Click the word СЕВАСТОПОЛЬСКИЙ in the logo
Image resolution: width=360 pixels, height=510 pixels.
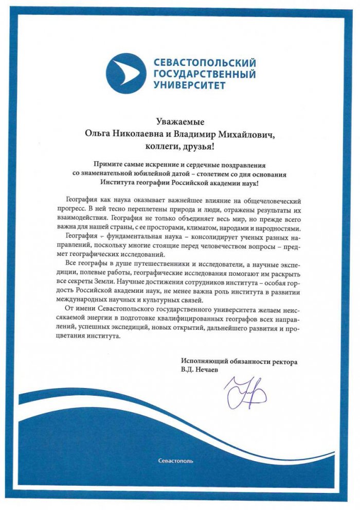pyautogui.click(x=205, y=63)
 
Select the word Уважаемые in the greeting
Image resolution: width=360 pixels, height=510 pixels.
pyautogui.click(x=180, y=122)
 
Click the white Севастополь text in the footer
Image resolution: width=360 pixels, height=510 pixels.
pyautogui.click(x=176, y=461)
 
